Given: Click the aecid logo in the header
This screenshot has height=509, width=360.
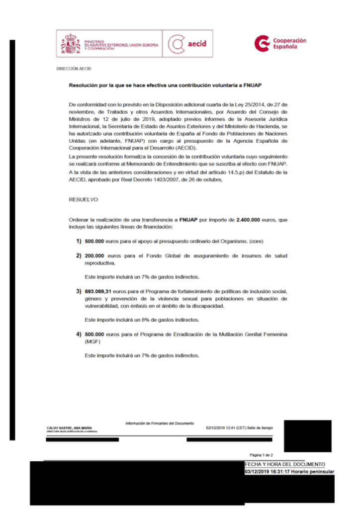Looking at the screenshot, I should coord(187,44).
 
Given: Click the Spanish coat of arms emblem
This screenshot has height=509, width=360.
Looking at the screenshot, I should coord(71,44).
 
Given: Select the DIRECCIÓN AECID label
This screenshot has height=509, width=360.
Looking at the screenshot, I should coord(74,69).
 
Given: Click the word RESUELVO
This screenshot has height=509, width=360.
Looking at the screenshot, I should coord(84,199).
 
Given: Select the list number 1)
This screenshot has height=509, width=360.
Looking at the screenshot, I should coord(78,241).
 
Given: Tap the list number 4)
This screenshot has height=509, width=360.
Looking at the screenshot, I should coord(78,335).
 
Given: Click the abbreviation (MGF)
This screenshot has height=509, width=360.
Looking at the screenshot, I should coord(92,342).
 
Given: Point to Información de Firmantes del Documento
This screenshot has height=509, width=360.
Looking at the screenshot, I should coord(160,423).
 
